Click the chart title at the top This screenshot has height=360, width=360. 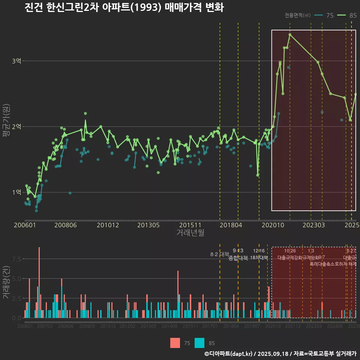124,7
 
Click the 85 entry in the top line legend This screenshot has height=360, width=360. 352,15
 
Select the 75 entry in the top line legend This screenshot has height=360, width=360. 330,15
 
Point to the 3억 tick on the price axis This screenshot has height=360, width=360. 17,61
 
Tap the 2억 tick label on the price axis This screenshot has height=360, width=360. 17,127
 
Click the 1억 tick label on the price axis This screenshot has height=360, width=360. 17,192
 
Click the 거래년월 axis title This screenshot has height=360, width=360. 190,233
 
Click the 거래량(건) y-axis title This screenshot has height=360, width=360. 6,282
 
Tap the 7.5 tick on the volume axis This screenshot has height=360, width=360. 16,259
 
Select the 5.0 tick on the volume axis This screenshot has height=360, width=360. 16,279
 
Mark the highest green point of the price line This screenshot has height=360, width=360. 290,34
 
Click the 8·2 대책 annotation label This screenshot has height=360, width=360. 220,254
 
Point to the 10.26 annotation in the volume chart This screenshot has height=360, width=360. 290,251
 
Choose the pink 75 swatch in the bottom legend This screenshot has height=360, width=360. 175,343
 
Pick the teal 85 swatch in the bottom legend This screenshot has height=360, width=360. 200,343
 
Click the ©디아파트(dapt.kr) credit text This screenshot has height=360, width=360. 229,353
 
